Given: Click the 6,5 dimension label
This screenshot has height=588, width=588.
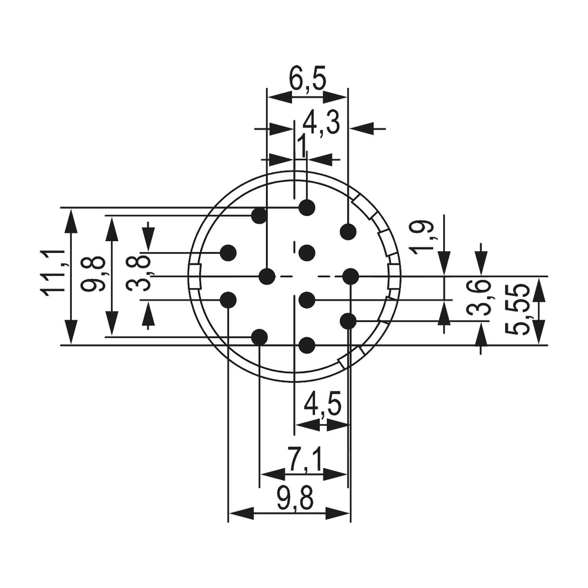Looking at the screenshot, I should (307, 80).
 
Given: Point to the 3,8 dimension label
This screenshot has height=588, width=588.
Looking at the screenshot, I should (138, 272).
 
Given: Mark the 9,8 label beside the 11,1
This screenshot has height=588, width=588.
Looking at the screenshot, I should (93, 273).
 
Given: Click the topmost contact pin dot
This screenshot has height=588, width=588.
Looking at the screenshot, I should (307, 207).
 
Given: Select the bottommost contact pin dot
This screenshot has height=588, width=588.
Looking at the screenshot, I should (307, 345).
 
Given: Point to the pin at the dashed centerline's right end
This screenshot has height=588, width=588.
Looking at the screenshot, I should (350, 277).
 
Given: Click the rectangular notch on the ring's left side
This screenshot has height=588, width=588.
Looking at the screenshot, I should (195, 277).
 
